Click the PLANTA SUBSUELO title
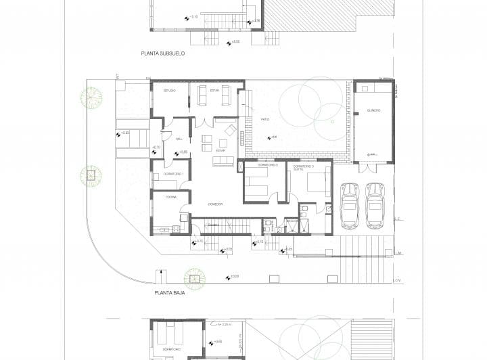click(163, 53)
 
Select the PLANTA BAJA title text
click(170, 294)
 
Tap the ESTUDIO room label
click(169, 91)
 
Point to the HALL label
click(179, 139)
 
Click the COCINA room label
click(170, 197)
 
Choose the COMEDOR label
click(216, 204)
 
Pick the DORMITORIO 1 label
click(174, 175)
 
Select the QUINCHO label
click(373, 110)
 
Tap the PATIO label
click(265, 119)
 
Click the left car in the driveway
click(350, 205)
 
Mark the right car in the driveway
click(375, 205)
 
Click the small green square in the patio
click(331, 122)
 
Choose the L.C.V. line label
click(400, 279)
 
